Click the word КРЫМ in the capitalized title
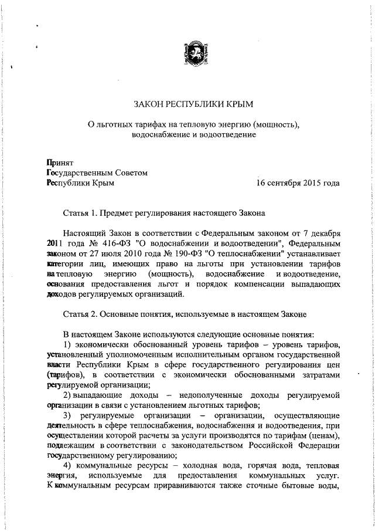point(238,104)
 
